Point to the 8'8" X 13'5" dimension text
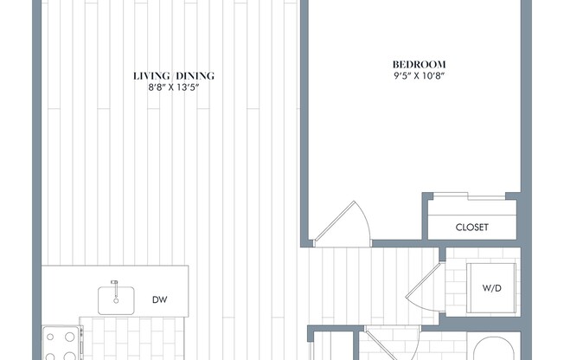(174, 87)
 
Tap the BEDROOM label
(419, 64)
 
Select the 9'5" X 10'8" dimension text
(419, 76)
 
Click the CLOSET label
(472, 227)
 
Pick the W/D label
(491, 288)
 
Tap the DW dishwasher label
(159, 299)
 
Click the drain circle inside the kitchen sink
(116, 300)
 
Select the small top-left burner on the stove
(50, 337)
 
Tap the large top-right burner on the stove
(70, 337)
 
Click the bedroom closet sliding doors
(469, 196)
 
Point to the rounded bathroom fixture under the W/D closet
(493, 349)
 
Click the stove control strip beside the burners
(82, 343)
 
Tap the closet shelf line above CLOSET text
(472, 215)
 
